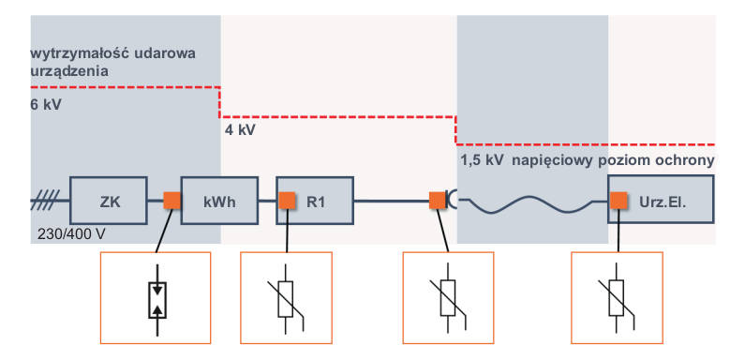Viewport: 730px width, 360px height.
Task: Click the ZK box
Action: [x=109, y=201]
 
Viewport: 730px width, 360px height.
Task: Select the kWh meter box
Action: [x=219, y=201]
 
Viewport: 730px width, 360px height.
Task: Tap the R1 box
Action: [x=315, y=201]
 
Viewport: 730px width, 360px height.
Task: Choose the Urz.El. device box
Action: [x=661, y=200]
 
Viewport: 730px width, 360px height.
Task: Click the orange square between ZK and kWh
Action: [x=171, y=201]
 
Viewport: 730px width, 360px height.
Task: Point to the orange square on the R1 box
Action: [x=287, y=201]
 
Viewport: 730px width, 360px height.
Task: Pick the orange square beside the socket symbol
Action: [x=438, y=201]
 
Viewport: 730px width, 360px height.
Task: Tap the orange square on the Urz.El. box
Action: [x=618, y=201]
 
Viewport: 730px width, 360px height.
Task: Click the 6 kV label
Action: [x=46, y=105]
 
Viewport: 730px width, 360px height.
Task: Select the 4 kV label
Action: [x=240, y=130]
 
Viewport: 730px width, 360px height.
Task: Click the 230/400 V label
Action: [x=71, y=234]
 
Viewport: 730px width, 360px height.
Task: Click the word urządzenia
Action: [x=70, y=72]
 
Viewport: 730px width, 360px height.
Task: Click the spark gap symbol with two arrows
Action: [x=157, y=300]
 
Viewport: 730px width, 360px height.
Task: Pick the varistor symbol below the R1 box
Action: [x=286, y=298]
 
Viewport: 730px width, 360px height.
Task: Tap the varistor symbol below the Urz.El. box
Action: [x=617, y=298]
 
